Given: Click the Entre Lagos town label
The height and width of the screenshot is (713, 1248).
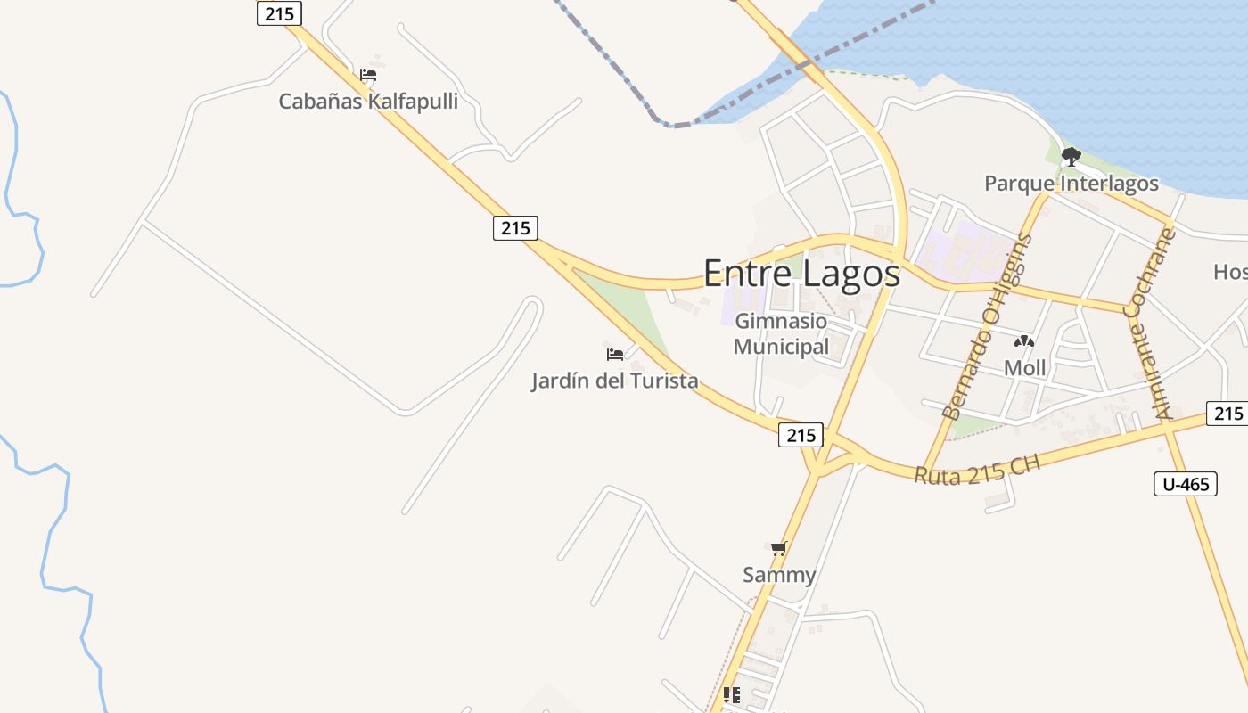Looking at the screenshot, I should [801, 273].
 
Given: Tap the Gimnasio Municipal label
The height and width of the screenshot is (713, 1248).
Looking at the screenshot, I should [781, 333].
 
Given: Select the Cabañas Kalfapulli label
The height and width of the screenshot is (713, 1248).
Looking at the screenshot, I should [368, 101].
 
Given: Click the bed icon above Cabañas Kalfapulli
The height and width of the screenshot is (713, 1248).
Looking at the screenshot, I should [368, 75].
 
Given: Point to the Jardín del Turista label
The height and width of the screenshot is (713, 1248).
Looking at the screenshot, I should [614, 381].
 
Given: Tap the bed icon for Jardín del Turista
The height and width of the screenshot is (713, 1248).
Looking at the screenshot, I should [614, 354].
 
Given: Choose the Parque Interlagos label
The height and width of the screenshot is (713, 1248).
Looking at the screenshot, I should [1071, 184].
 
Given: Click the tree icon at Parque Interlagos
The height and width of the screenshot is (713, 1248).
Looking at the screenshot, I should [1071, 158].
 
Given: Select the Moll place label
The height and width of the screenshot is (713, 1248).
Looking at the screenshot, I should [1024, 367].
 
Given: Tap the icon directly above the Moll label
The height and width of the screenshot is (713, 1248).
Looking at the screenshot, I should [1024, 340].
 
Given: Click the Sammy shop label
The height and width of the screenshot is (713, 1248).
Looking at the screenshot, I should [779, 575].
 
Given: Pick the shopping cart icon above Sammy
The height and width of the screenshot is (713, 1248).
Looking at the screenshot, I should [779, 548].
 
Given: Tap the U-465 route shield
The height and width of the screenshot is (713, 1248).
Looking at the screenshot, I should [1185, 484].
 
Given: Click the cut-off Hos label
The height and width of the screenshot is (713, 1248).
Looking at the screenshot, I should [1230, 272].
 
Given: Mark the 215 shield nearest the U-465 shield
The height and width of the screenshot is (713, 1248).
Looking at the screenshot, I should [1227, 413].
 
